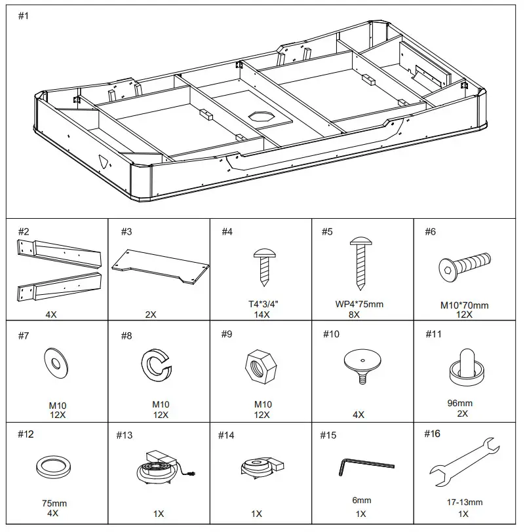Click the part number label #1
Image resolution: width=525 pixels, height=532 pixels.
23,16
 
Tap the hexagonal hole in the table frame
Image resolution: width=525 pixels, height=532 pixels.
263,117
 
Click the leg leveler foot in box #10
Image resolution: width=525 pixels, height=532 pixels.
362,365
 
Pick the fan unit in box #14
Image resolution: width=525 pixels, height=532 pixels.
260,466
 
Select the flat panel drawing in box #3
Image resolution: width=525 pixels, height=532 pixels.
161,266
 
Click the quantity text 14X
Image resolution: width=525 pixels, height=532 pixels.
262,314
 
